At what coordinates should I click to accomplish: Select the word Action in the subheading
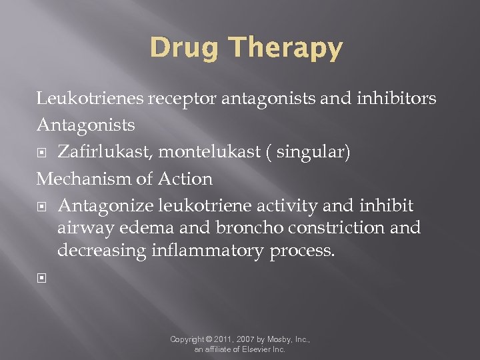pos(186,179)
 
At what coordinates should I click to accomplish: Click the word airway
pos(86,229)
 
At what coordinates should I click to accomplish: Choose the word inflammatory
pos(209,251)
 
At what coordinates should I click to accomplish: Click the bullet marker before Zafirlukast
pos(41,153)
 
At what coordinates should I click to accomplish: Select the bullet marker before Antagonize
pos(41,206)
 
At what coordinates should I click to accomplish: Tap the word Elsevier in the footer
pos(253,349)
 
